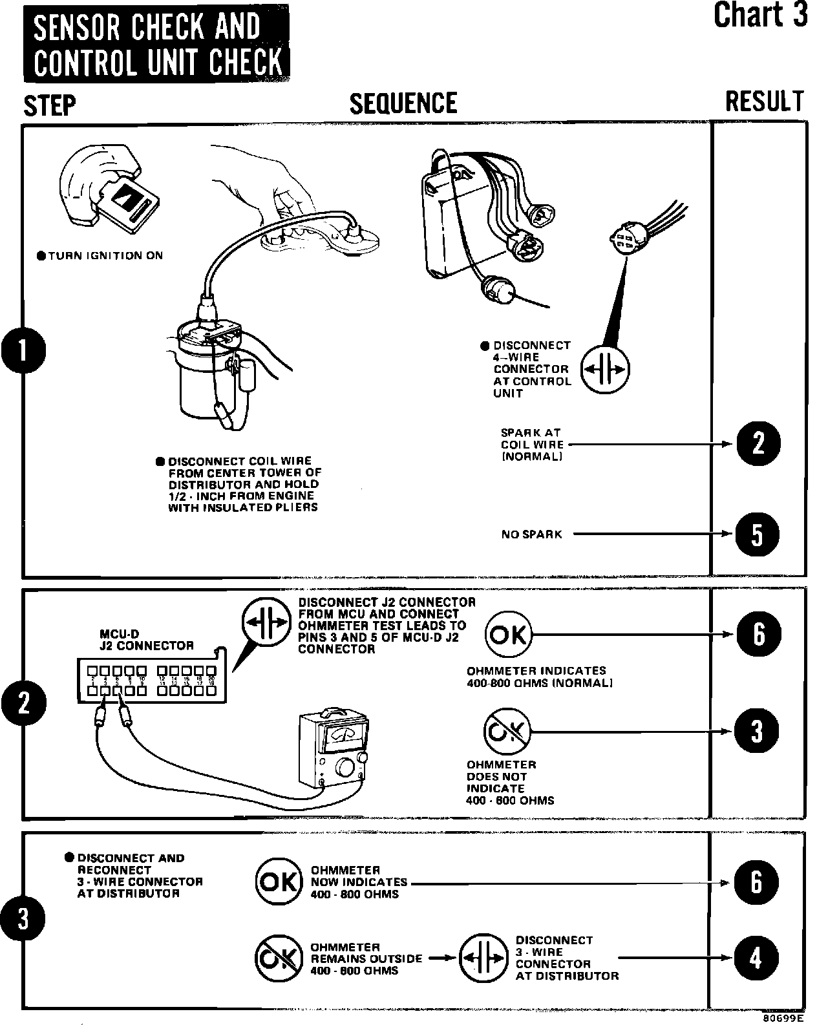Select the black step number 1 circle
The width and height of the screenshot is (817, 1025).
(23, 352)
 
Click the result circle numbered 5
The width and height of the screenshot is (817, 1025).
(758, 534)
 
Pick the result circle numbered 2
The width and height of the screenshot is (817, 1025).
(758, 444)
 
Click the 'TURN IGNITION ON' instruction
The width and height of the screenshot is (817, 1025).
(100, 256)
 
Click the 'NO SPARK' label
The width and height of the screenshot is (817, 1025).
(531, 534)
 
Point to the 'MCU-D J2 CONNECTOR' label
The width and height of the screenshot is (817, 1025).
(146, 640)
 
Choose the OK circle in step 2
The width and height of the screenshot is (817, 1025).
(509, 635)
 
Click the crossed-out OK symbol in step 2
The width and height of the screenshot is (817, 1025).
(507, 731)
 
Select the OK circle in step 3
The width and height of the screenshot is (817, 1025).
(279, 882)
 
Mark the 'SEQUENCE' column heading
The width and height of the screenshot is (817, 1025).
(403, 103)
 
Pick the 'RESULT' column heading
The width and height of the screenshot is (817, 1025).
(765, 102)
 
